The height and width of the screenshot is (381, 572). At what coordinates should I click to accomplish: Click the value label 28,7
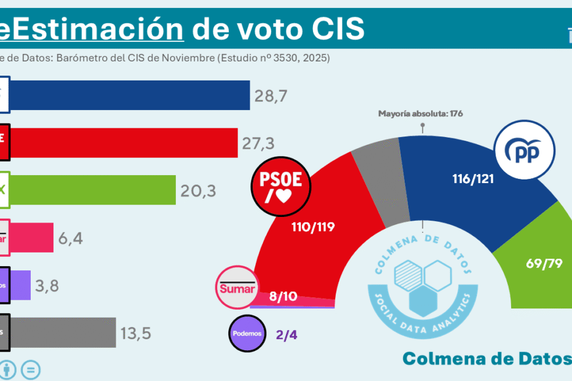[x=271, y=96]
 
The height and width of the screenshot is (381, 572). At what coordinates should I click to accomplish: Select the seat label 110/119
[x=314, y=227]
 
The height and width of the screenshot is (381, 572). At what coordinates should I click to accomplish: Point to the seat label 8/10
[x=284, y=297]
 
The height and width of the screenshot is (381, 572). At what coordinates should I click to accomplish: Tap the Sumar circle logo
[x=236, y=286]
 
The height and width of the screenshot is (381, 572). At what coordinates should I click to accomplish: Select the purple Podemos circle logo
[x=247, y=333]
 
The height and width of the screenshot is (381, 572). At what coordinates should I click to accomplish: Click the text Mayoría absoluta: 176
[x=420, y=114]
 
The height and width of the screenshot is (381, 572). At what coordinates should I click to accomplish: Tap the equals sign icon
[x=31, y=369]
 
